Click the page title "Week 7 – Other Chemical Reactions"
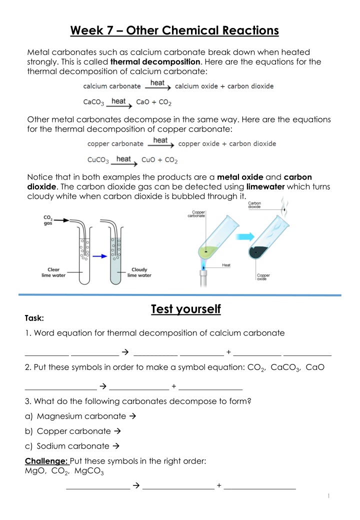coord(174,31)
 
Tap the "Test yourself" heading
coord(185,309)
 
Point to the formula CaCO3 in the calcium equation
coord(93,102)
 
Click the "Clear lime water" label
coord(53,272)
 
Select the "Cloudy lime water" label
coord(139,272)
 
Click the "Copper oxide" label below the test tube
coord(263,276)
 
